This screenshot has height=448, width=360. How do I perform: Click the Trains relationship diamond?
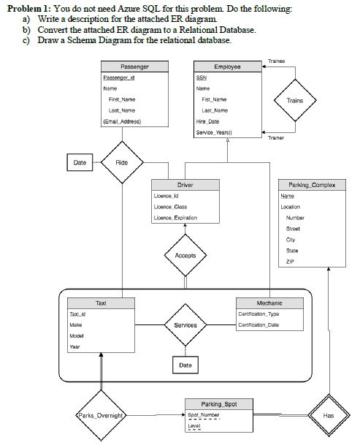tap(295, 101)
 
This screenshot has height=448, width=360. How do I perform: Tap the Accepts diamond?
tap(185, 256)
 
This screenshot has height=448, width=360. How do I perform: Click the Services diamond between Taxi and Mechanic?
tap(185, 324)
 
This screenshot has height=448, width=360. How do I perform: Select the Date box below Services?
tap(185, 364)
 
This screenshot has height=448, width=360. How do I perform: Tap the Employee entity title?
tap(227, 67)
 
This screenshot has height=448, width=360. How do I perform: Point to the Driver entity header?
tap(185, 185)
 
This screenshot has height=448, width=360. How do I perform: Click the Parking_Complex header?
tap(312, 185)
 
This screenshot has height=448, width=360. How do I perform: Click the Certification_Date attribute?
tap(259, 324)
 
